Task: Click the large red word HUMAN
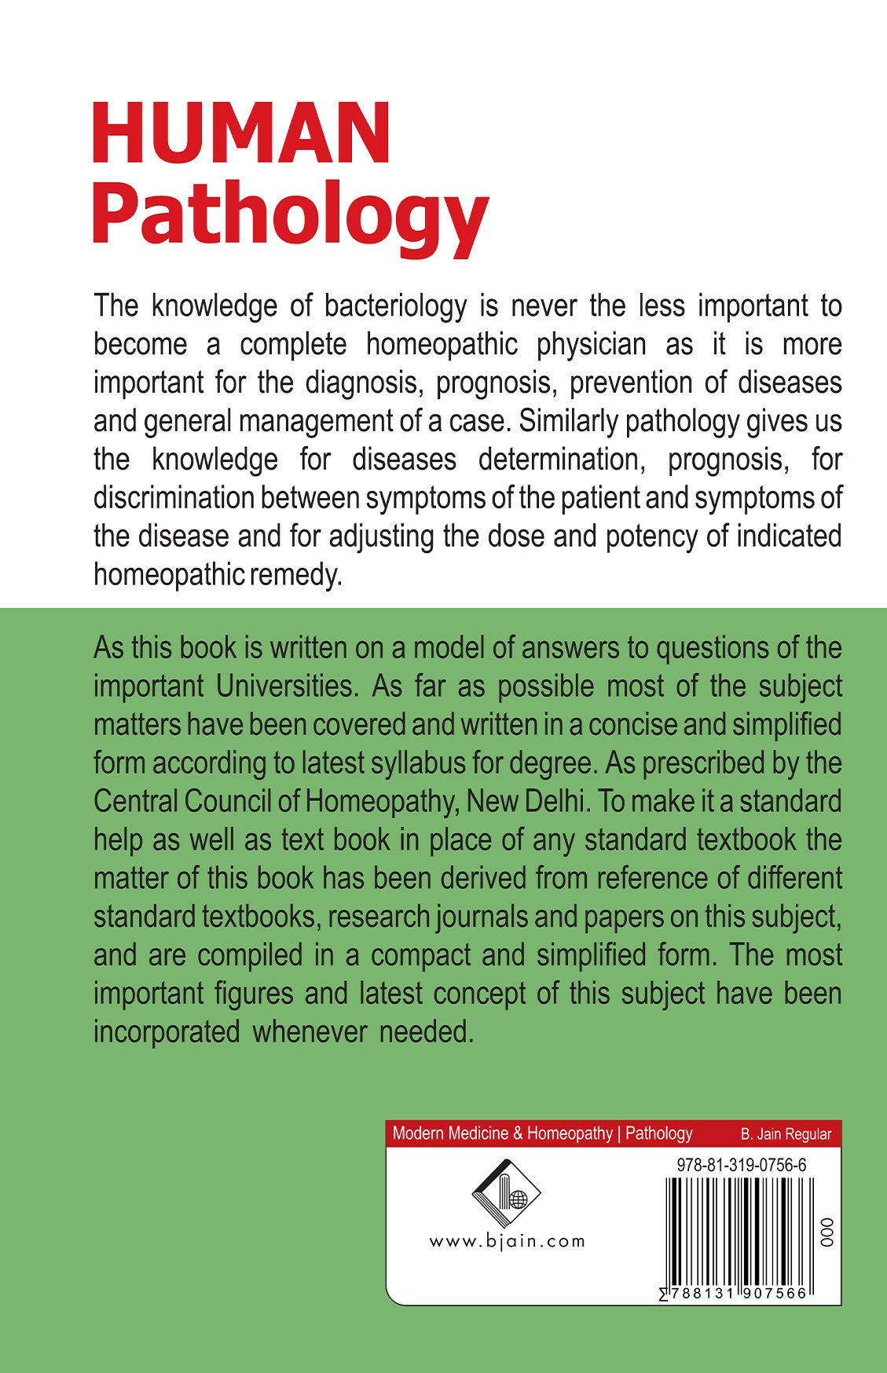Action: (x=241, y=134)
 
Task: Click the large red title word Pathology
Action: (x=290, y=214)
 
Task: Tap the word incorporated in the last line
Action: (x=167, y=1032)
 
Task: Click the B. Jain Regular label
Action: (x=785, y=1134)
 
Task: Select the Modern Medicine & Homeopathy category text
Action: (x=501, y=1133)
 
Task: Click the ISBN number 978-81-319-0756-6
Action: (x=741, y=1166)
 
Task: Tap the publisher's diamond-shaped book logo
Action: (x=506, y=1194)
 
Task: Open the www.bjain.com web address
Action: (x=507, y=1242)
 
